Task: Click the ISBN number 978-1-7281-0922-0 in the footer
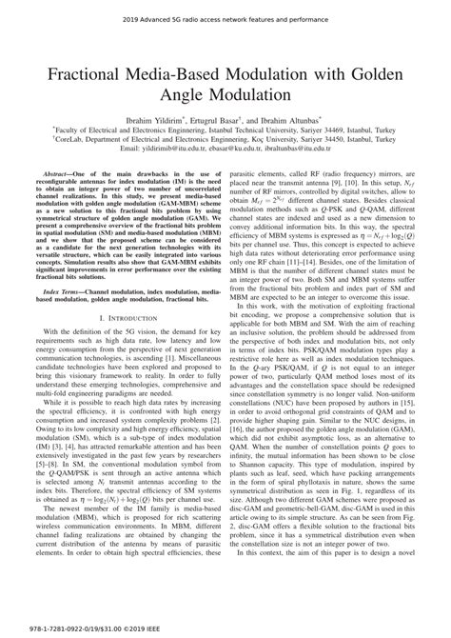pyautogui.click(x=43, y=628)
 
